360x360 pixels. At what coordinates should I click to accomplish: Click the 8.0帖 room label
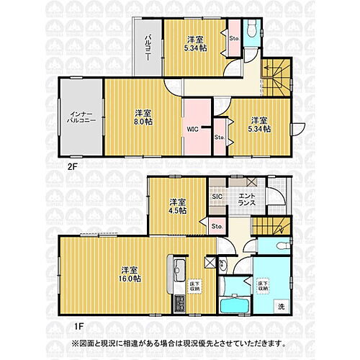click(x=143, y=117)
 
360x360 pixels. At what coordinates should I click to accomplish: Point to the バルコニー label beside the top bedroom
click(x=147, y=48)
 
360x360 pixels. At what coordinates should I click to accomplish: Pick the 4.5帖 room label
click(x=178, y=205)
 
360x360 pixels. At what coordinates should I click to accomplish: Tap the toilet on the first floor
click(x=222, y=264)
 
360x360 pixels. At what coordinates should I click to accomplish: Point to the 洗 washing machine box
click(x=281, y=307)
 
